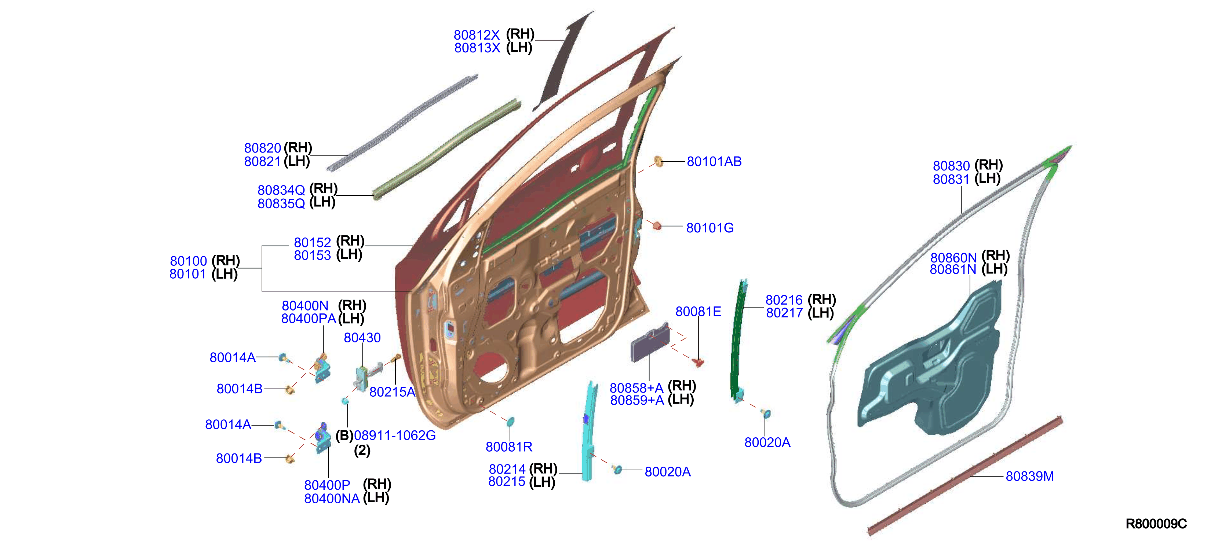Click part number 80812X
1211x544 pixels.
[476, 35]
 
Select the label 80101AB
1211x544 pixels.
[714, 162]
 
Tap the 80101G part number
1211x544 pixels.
[710, 228]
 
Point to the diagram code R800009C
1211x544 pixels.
[1156, 524]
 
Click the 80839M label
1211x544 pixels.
[1029, 476]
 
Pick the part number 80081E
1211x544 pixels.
[698, 312]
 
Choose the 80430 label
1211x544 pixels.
[362, 338]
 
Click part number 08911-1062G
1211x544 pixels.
[395, 435]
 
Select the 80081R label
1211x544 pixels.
[509, 447]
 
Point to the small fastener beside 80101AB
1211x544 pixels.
[659, 161]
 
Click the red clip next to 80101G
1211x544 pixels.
[657, 226]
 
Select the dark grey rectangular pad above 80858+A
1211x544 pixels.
[650, 342]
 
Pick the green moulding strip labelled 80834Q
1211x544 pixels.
[446, 149]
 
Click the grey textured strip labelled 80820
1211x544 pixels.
[402, 122]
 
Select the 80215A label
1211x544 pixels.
[393, 392]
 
